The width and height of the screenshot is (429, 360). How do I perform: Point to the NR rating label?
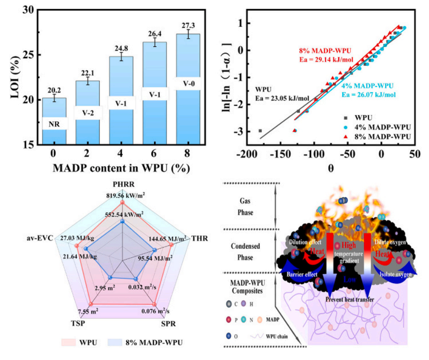(x=54, y=123)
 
